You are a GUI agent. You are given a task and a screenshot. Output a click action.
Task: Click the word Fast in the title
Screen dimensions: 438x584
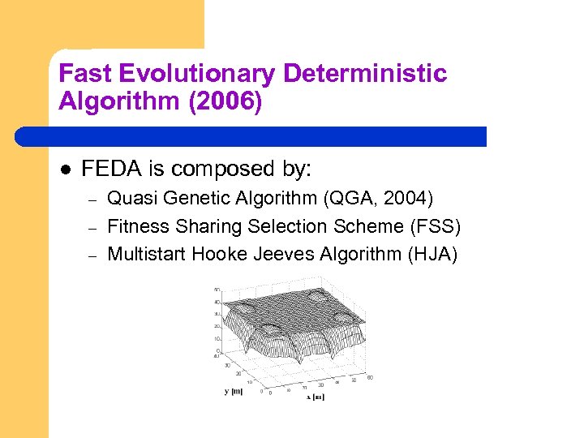(x=85, y=75)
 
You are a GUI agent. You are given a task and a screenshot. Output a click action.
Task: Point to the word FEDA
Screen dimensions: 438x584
(x=109, y=169)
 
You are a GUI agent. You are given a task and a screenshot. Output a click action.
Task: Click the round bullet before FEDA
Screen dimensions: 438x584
(x=65, y=170)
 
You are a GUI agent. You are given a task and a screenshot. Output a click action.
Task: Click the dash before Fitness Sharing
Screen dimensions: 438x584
(x=92, y=227)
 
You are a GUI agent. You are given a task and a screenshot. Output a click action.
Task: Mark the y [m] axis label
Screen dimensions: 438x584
(x=234, y=391)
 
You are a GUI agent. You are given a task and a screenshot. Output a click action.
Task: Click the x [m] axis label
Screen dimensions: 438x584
(x=315, y=397)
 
